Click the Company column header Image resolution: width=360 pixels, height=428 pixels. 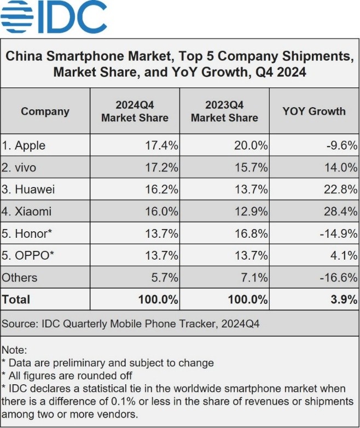45,112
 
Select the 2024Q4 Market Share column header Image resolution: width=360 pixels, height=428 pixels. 135,112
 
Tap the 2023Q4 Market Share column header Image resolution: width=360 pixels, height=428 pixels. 224,112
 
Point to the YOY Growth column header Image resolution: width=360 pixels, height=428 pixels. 314,112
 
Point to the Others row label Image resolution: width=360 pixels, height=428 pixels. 19,278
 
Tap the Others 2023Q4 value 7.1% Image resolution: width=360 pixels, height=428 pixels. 254,278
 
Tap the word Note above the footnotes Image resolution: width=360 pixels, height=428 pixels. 14,349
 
